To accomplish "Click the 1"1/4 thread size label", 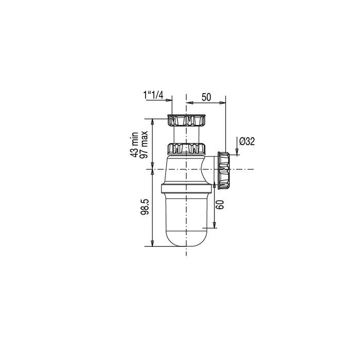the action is [153, 95].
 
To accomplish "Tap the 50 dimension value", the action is [206, 97].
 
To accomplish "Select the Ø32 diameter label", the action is [247, 141].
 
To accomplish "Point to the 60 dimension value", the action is [220, 204].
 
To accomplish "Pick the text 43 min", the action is [134, 145].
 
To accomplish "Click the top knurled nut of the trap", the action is [186, 120].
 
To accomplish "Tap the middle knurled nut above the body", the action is [186, 148].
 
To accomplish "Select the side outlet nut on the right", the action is [223, 170].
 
